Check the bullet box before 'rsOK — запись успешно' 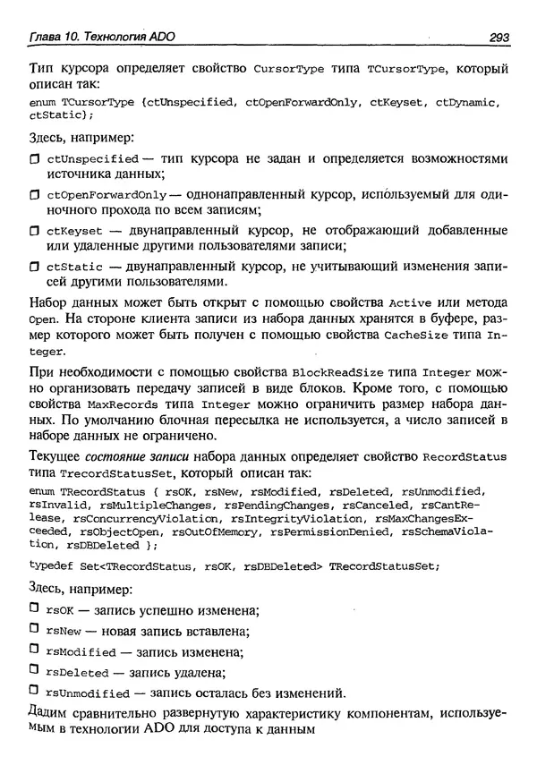point(35,609)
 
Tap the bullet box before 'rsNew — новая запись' point(35,630)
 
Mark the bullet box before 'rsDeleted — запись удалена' point(35,671)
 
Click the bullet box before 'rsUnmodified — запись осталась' point(35,692)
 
